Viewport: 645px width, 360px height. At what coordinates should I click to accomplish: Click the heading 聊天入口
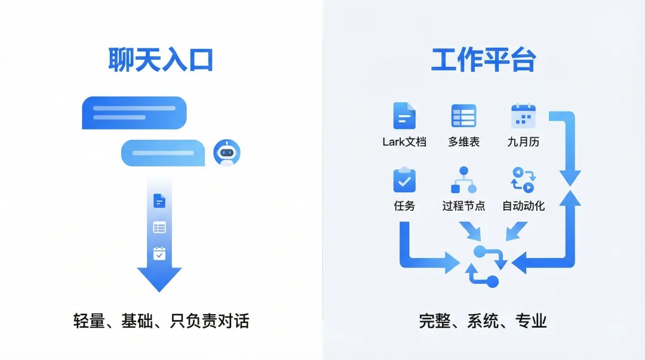coord(161,60)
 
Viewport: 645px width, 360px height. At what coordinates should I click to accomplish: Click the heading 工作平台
coord(483,60)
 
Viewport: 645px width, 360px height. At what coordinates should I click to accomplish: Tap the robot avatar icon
coord(226,153)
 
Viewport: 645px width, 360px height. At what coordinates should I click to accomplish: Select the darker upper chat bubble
coord(134,113)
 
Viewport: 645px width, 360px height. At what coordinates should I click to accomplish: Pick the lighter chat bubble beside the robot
coord(163,153)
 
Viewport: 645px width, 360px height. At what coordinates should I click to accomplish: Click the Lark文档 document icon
coord(404,116)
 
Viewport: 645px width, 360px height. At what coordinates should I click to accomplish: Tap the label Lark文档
coord(404,142)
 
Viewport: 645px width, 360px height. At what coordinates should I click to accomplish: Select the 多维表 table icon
coord(463,116)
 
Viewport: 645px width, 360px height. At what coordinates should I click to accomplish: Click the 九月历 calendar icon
coord(523,116)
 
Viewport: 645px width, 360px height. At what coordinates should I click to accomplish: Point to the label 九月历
coord(523,142)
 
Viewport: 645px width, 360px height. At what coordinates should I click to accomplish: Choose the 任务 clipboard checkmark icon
coord(404,180)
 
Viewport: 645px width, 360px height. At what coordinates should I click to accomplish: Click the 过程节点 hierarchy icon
coord(463,180)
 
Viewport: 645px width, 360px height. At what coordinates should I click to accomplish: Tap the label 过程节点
coord(463,206)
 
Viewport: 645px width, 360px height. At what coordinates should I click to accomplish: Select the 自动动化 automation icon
coord(523,180)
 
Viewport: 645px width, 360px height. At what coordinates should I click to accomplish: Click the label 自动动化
coord(523,206)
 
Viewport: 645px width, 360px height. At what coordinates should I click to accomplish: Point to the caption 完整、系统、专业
coord(483,321)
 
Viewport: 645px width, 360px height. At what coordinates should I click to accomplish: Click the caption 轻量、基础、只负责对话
coord(161,321)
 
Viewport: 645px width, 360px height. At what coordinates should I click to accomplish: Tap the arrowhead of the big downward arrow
coord(159,278)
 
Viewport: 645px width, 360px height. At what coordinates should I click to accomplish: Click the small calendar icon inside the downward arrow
coord(159,253)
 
